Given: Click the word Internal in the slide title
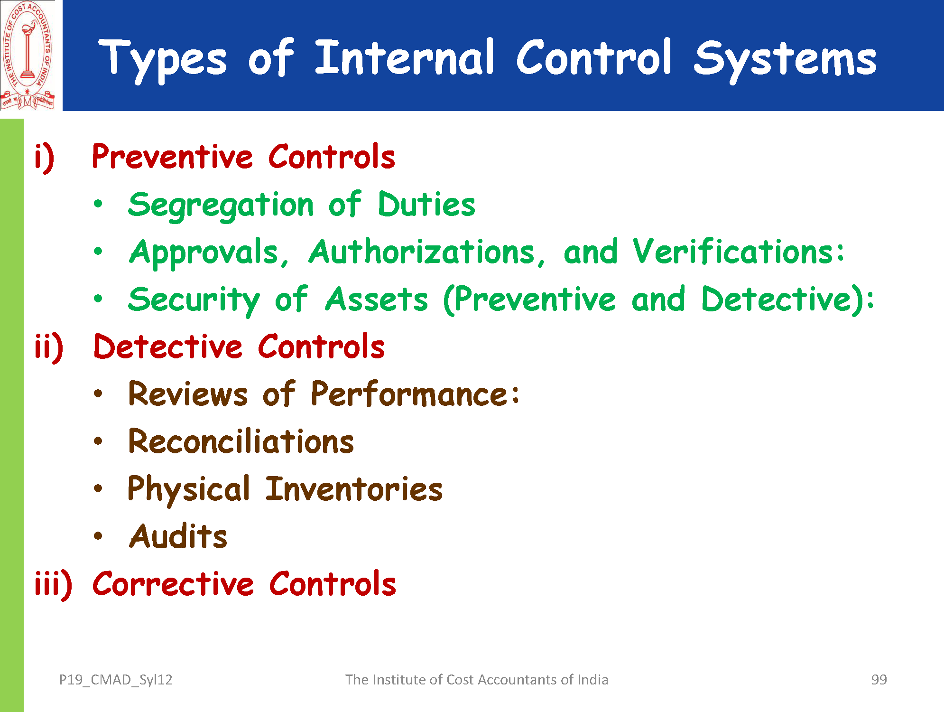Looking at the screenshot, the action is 405,57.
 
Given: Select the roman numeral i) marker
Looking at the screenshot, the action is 45,158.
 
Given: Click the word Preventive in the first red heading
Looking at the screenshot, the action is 173,157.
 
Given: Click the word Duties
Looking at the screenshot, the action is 426,204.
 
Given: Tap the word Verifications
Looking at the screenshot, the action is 738,251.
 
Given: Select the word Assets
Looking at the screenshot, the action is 377,299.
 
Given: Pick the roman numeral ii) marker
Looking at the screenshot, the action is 49,347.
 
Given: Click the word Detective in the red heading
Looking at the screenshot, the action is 168,346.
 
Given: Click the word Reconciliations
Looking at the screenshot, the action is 241,441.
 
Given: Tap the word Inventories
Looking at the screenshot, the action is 354,489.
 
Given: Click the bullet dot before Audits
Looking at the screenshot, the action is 98,536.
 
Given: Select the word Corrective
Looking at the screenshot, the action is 173,584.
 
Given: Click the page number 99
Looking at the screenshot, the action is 879,680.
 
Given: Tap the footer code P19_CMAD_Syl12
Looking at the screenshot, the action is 116,680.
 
